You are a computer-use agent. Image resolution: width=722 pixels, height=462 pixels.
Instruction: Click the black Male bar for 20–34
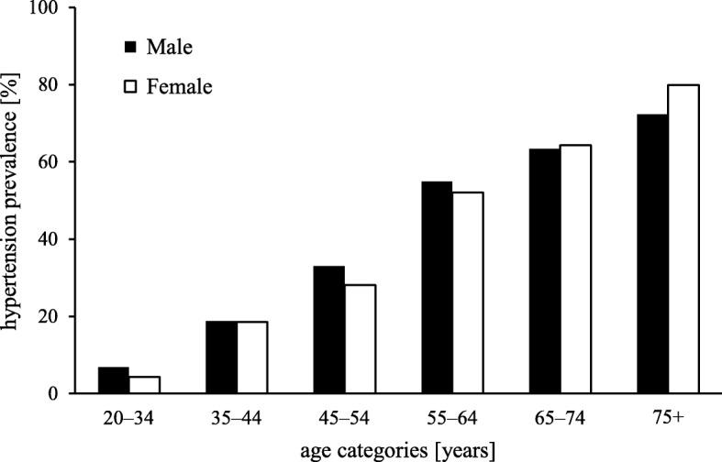(113, 380)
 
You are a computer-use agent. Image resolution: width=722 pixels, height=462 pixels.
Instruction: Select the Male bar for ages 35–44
(221, 357)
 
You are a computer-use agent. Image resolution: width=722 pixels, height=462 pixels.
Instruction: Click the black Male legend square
(130, 45)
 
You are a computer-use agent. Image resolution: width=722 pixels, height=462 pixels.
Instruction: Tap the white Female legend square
(130, 88)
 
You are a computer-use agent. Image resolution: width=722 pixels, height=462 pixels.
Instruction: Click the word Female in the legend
(183, 88)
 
